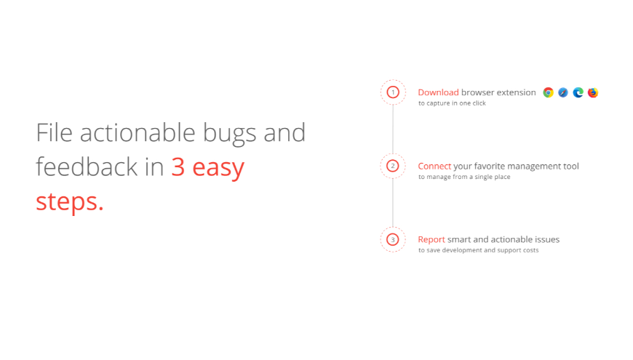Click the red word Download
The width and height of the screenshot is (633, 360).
coord(438,92)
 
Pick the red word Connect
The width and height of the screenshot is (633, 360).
coord(434,166)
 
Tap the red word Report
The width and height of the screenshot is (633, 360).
coord(431,239)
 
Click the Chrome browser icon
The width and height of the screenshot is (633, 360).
coord(548,92)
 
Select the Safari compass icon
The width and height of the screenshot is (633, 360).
coord(563,92)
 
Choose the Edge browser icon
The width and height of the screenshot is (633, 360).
coord(578,92)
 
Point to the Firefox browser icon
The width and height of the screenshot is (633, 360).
coord(593,92)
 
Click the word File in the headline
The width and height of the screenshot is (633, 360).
coord(54,132)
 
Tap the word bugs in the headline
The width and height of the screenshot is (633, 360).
coord(229,134)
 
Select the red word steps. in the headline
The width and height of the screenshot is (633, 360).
coord(69,201)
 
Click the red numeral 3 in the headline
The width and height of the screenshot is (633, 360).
coord(178,167)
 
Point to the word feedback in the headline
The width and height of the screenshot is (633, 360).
coord(87,167)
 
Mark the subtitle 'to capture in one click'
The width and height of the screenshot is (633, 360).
coord(452,103)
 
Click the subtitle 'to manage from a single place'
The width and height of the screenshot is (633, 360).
coord(464,177)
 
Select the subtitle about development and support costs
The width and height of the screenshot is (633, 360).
coord(478,250)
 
